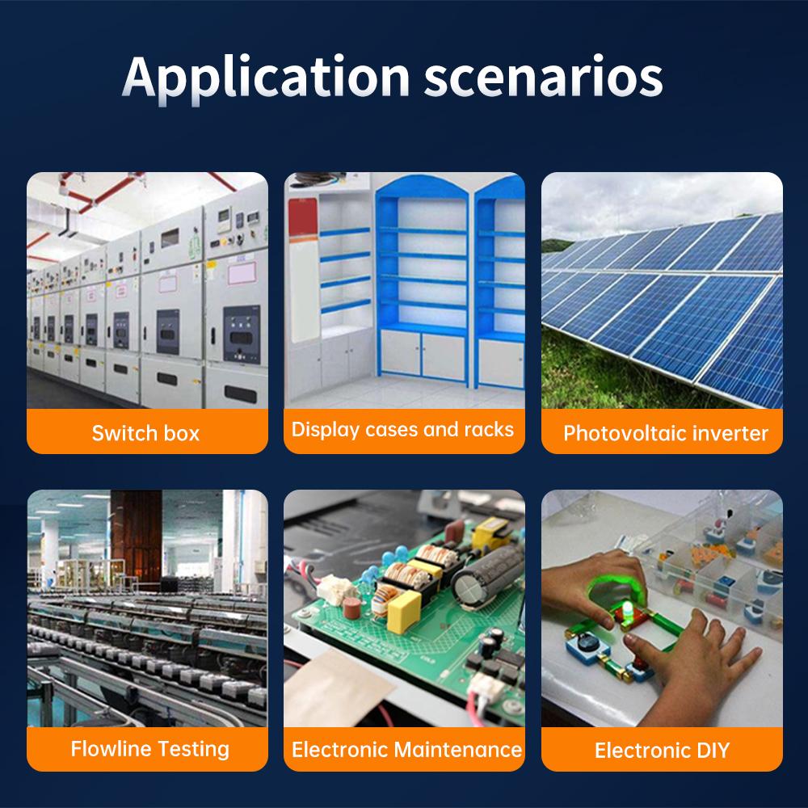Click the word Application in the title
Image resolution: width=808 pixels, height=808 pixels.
click(267, 78)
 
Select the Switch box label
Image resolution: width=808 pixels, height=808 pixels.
click(145, 433)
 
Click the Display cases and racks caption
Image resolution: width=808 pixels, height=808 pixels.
click(402, 429)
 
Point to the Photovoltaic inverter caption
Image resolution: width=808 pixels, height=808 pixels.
click(666, 433)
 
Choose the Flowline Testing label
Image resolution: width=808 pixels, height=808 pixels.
click(150, 749)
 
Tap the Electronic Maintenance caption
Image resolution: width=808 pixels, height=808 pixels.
click(406, 750)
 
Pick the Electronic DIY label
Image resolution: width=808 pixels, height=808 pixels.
click(663, 751)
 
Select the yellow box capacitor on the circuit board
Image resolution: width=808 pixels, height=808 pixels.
click(404, 612)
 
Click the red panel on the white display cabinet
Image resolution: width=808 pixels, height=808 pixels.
click(303, 217)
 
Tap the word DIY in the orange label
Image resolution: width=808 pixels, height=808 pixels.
click(713, 751)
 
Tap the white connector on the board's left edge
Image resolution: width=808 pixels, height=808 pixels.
click(335, 589)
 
